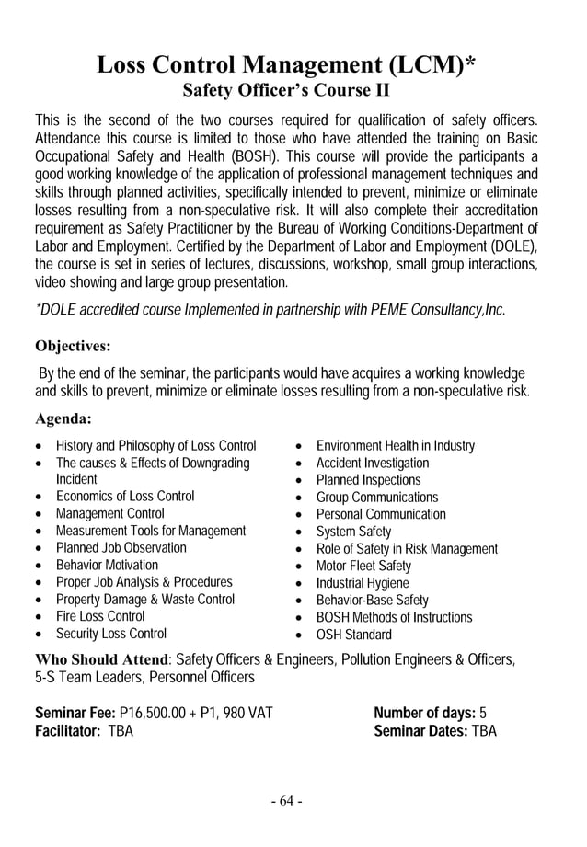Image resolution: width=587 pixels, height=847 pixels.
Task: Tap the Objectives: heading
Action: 73,347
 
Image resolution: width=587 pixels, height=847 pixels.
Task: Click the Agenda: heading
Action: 63,419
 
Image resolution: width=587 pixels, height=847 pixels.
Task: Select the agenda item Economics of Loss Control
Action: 125,497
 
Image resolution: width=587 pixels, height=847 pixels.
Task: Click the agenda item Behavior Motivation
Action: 107,565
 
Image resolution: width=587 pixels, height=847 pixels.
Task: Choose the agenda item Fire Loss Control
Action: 100,616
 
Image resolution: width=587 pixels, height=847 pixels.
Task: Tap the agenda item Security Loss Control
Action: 111,634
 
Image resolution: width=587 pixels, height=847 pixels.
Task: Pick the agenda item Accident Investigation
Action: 372,463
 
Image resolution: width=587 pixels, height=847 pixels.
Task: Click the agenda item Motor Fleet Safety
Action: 363,566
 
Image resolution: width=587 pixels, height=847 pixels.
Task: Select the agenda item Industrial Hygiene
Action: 363,583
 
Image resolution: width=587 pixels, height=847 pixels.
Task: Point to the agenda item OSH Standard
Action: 353,635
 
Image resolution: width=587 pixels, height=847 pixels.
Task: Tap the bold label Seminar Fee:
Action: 75,714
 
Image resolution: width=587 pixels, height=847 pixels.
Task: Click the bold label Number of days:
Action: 424,714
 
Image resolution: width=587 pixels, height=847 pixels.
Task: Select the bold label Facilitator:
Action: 68,732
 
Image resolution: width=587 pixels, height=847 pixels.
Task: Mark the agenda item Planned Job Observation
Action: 121,548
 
